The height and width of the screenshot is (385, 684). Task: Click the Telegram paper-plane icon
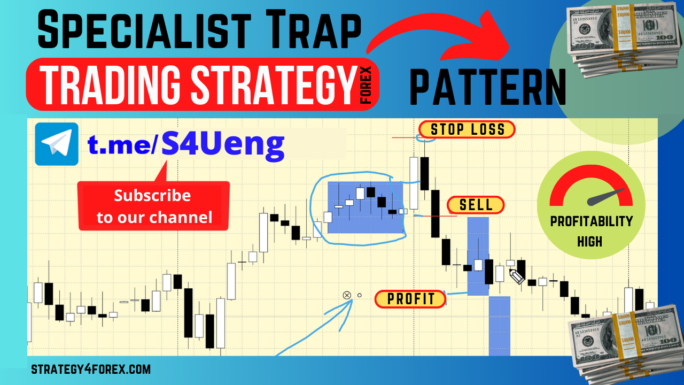tap(57, 144)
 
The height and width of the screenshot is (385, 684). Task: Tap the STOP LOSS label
tap(467, 129)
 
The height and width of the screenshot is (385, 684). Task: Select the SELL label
tap(476, 205)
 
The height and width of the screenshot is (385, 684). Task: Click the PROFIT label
tap(410, 299)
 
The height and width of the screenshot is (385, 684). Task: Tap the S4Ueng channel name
tap(223, 144)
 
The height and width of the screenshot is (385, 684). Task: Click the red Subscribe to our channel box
tap(154, 206)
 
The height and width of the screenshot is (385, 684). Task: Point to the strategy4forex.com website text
tap(91, 369)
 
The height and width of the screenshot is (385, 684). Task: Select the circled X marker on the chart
tap(346, 295)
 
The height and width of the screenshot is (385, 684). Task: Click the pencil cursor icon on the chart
tap(516, 276)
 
